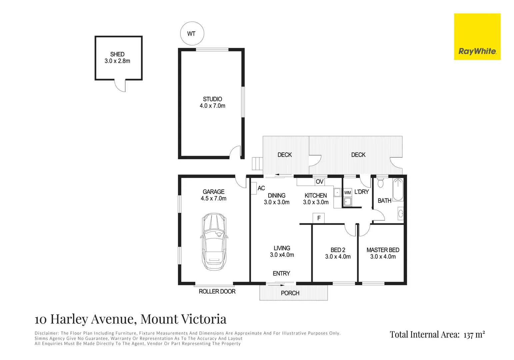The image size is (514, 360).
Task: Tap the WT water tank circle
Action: click(192, 33)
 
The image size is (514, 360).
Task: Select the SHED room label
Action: click(117, 54)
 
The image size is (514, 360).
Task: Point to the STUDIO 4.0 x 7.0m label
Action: click(212, 102)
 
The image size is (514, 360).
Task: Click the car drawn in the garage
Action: click(214, 241)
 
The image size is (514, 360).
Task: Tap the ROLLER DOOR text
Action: click(217, 291)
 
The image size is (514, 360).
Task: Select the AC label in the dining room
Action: click(261, 188)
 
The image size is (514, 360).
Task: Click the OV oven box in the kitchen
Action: click(320, 182)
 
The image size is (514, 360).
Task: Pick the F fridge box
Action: click(319, 218)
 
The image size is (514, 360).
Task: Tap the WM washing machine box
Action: click(348, 193)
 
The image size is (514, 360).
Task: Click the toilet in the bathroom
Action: click(380, 182)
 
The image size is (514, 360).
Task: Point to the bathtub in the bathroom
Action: click(398, 190)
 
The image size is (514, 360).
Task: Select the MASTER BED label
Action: click(383, 250)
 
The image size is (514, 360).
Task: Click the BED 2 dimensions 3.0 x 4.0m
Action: click(338, 257)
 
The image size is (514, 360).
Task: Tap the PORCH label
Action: click(290, 293)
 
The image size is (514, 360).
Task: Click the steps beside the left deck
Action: click(257, 164)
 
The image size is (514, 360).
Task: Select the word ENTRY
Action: click(281, 273)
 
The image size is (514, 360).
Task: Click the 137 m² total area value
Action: click(474, 335)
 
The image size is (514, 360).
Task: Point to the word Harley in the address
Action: click(69, 319)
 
